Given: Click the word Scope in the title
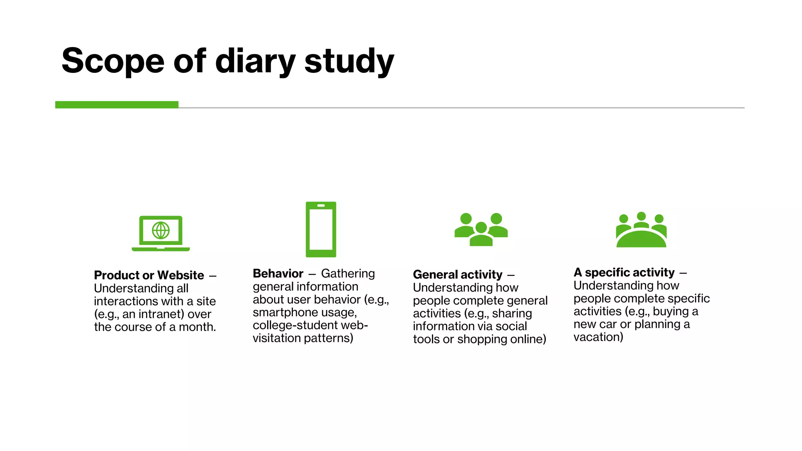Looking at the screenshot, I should point(113,61).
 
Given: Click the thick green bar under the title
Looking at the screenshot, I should point(117,105).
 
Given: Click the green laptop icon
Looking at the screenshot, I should point(161,233).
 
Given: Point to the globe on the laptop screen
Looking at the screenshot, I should point(161,230).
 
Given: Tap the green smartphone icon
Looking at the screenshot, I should point(321,229).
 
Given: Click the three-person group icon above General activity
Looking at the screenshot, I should point(481,229).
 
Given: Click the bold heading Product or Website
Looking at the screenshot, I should point(149,275).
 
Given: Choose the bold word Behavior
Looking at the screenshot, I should point(278,273).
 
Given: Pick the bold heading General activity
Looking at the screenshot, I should point(457,274).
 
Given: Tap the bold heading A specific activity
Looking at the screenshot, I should point(624,272).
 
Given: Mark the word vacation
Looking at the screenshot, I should point(598,337).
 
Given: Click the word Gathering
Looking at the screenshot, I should point(348,273).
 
